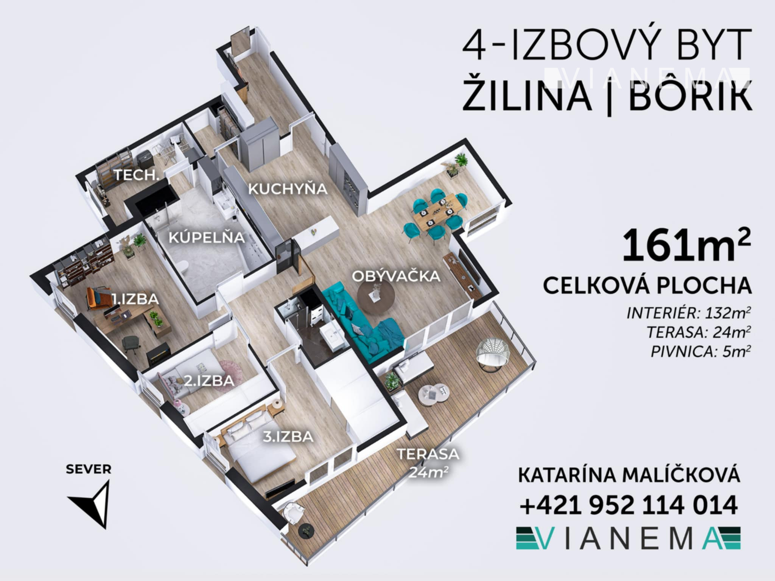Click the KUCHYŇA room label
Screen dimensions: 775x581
pos(288,188)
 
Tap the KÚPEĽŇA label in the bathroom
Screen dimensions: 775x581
pos(207,238)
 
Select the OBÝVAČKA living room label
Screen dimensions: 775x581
pos(396,276)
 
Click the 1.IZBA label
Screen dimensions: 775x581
pos(135,299)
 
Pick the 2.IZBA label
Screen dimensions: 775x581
pos(209,381)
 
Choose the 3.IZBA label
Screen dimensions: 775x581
pos(288,437)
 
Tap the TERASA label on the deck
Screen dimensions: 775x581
pos(428,454)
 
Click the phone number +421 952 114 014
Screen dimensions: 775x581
pos(629,505)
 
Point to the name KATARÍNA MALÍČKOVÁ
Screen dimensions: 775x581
pos(629,475)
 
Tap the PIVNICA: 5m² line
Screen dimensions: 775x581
pos(700,352)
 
